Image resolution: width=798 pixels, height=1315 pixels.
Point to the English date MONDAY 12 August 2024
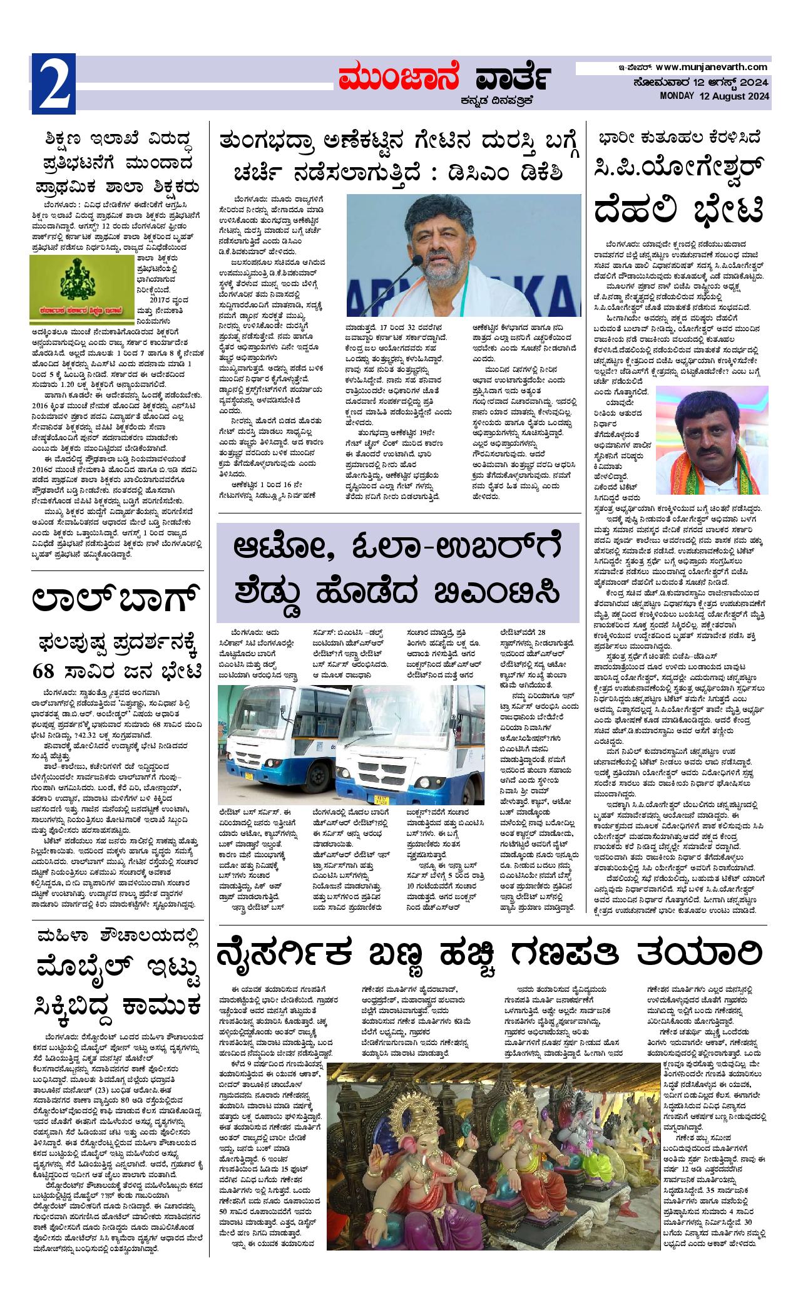click(x=714, y=96)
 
